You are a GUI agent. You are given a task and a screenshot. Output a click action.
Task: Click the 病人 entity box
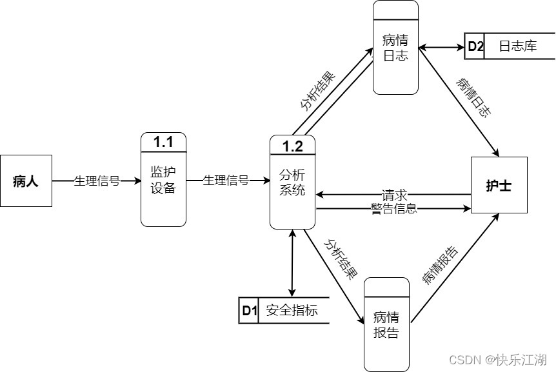tap(26, 181)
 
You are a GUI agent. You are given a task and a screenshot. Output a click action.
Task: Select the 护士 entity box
tap(499, 185)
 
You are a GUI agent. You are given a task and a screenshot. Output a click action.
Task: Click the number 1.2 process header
tap(292, 146)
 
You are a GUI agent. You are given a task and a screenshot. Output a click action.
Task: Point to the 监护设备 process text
tap(163, 181)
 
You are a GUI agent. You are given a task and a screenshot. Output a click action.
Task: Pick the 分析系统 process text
tap(292, 182)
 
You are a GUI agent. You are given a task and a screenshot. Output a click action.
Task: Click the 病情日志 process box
tap(395, 48)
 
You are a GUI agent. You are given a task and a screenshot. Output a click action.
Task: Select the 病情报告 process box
tap(386, 325)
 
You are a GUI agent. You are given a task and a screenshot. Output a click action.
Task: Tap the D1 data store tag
tap(249, 311)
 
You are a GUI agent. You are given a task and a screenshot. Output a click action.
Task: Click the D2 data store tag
tap(475, 46)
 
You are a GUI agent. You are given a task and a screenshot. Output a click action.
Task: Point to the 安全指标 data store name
tap(292, 311)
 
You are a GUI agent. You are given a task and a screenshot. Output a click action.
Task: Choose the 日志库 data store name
tap(517, 46)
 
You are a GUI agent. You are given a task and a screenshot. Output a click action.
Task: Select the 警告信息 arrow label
tap(393, 208)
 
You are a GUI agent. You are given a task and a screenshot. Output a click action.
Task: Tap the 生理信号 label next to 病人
tap(97, 181)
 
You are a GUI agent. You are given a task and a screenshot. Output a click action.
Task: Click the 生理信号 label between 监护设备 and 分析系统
tap(226, 181)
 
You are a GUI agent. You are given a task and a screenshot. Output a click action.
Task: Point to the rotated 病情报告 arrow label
tap(441, 265)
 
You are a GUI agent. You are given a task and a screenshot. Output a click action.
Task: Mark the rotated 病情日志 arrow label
tap(473, 97)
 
